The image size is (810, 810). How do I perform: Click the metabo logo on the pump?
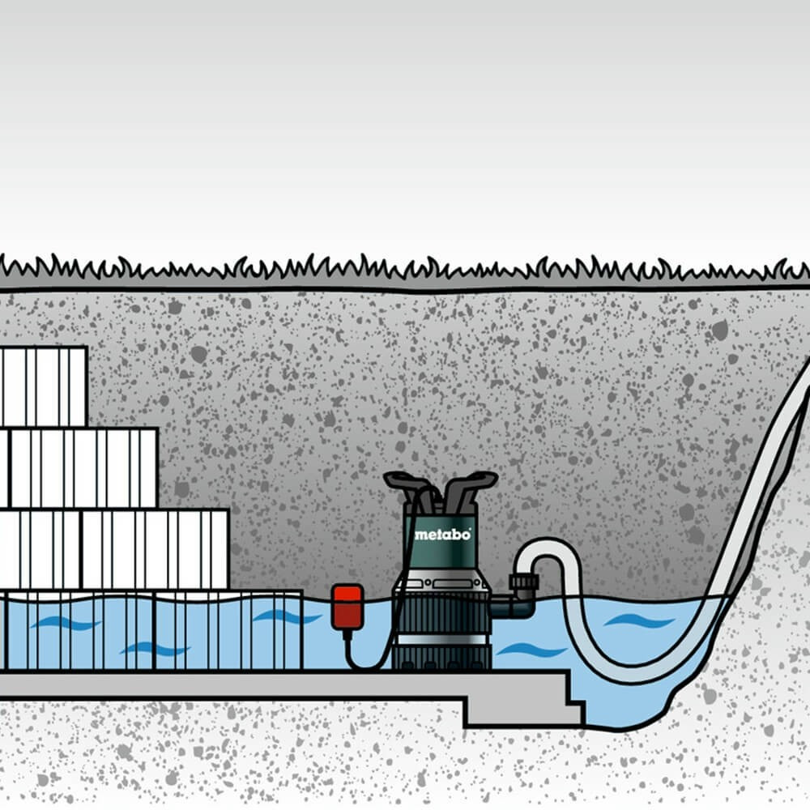[x=442, y=535]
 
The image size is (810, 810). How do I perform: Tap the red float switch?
[x=347, y=606]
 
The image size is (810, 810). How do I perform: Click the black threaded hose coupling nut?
[x=523, y=583]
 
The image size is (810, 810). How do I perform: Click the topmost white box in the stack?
[x=44, y=386]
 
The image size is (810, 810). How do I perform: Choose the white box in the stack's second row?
[x=81, y=468]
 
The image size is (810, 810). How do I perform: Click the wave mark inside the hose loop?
[x=639, y=621]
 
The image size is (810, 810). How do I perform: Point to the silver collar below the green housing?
[x=442, y=582]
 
